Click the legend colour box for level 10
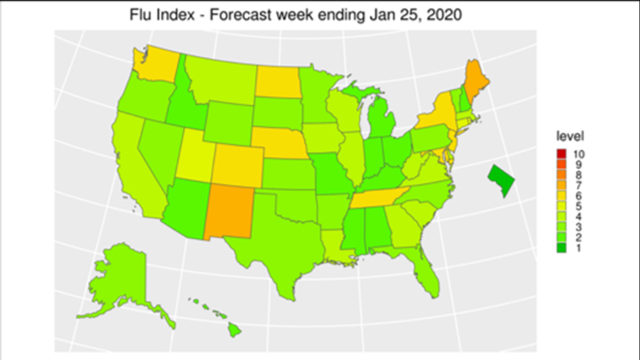point(561,153)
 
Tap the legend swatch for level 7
point(561,185)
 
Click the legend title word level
point(570,136)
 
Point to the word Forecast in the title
point(236,15)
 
